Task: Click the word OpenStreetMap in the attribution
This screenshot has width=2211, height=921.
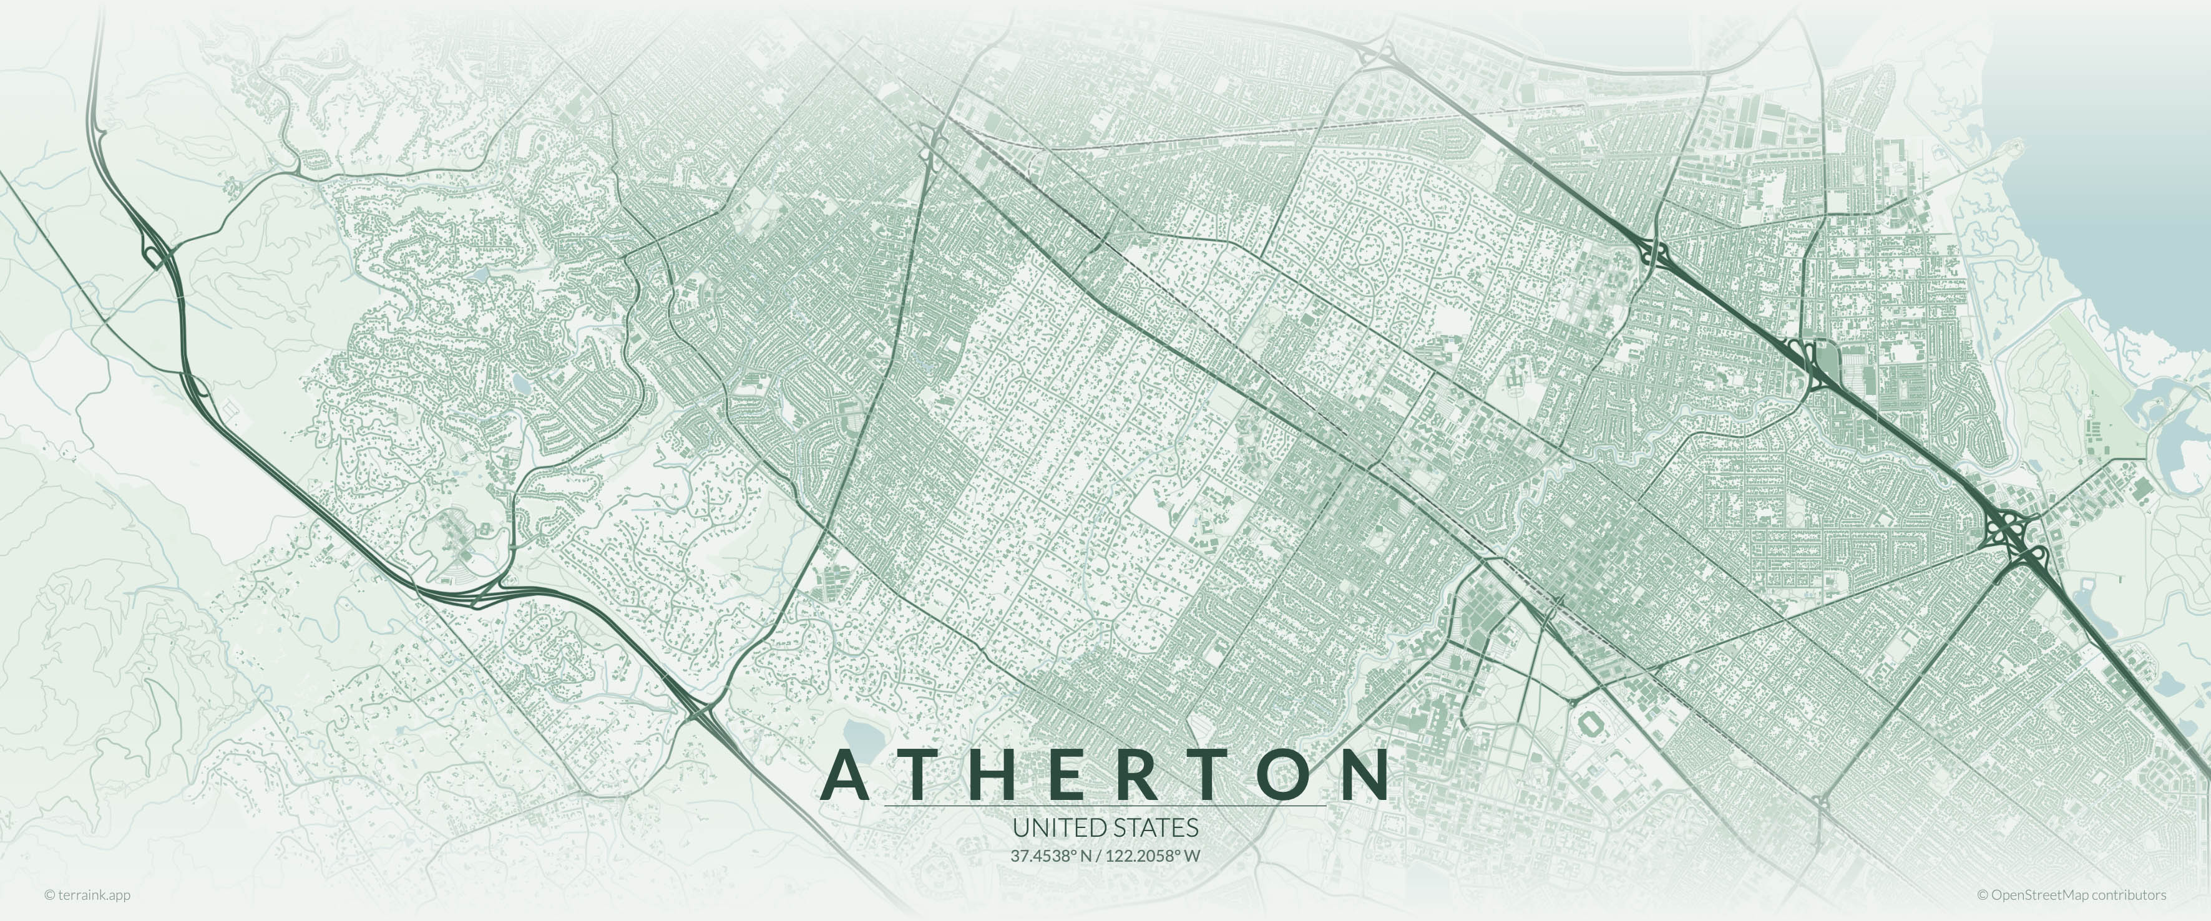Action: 2039,894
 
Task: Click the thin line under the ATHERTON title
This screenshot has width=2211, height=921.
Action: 1105,807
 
